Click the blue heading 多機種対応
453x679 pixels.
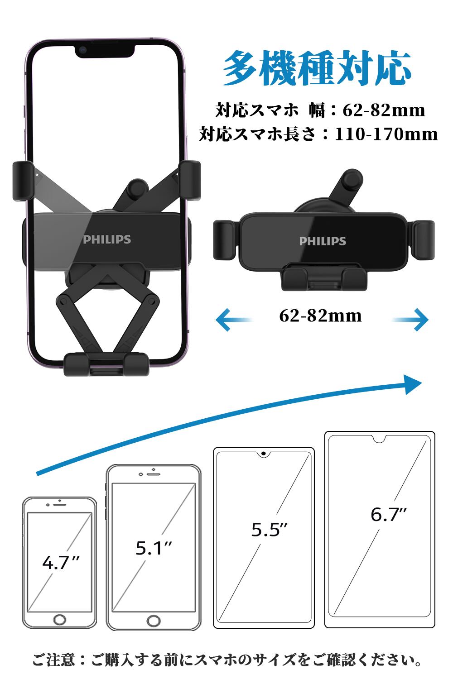(317, 69)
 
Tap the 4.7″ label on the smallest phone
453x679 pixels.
(61, 563)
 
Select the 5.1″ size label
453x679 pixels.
(154, 548)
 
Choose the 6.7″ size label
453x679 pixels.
(389, 514)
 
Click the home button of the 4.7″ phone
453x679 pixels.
(60, 619)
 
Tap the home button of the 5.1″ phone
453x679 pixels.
(154, 620)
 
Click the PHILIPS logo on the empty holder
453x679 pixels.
(323, 241)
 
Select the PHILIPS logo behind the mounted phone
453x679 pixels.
(107, 239)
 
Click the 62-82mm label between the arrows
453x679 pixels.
(320, 316)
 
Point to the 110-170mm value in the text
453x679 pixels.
(386, 134)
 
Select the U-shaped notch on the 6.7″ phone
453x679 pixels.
(380, 439)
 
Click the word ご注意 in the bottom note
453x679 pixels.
(53, 660)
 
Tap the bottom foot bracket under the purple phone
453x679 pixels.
(106, 364)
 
